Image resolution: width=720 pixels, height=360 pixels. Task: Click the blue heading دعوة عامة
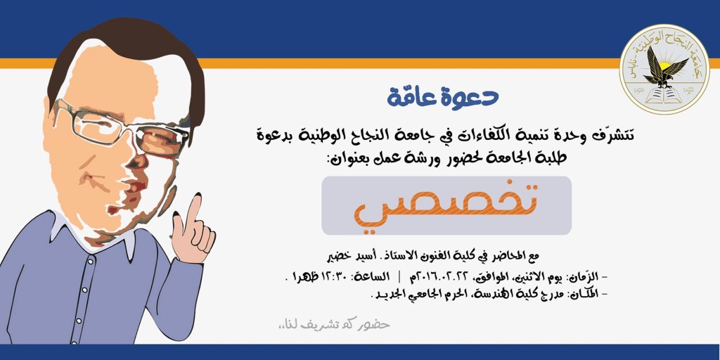tap(443, 96)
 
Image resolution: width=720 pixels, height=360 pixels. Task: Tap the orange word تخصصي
tap(446, 205)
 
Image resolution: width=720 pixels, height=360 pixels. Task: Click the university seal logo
tap(664, 70)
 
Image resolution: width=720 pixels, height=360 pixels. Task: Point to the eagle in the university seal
tap(665, 67)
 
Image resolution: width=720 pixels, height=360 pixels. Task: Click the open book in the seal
tap(664, 96)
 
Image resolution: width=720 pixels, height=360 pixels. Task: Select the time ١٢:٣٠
tap(332, 277)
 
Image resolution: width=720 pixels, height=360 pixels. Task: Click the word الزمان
tap(586, 277)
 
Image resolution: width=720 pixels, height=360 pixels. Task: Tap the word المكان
tap(584, 294)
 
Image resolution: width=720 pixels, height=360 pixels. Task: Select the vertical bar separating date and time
tap(398, 277)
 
